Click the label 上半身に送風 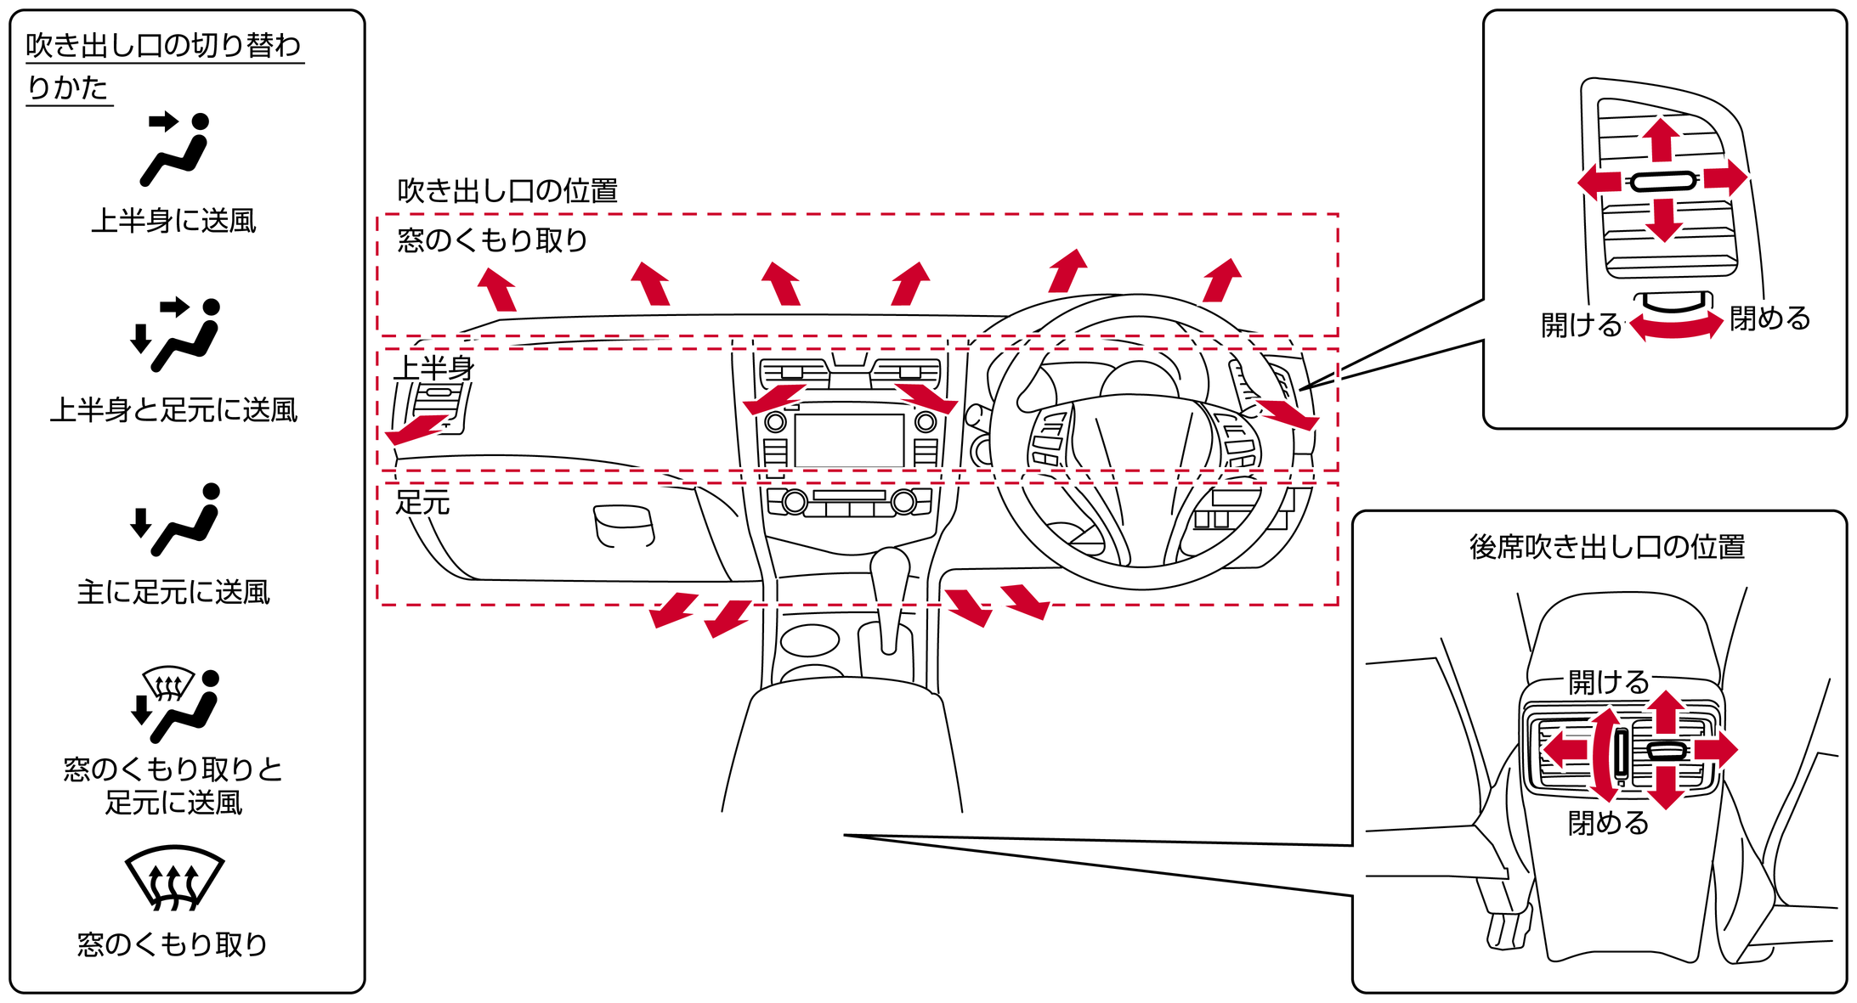pyautogui.click(x=173, y=221)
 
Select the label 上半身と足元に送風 pyautogui.click(x=173, y=410)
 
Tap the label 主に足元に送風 pyautogui.click(x=173, y=592)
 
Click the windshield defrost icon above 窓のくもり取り pyautogui.click(x=174, y=877)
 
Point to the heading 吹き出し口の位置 pyautogui.click(x=507, y=191)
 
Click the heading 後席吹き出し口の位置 pyautogui.click(x=1607, y=547)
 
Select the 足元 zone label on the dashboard pyautogui.click(x=422, y=503)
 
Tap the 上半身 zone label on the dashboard pyautogui.click(x=433, y=369)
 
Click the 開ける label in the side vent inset pyautogui.click(x=1582, y=324)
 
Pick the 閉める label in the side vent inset pyautogui.click(x=1770, y=318)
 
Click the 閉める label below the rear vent pyautogui.click(x=1608, y=823)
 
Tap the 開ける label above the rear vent pyautogui.click(x=1608, y=682)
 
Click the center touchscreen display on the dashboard pyautogui.click(x=848, y=440)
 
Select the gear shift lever pyautogui.click(x=890, y=594)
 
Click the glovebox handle pyautogui.click(x=624, y=527)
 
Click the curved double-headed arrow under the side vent pyautogui.click(x=1676, y=327)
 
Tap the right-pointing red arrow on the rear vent pyautogui.click(x=1717, y=749)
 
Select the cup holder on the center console pyautogui.click(x=809, y=640)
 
